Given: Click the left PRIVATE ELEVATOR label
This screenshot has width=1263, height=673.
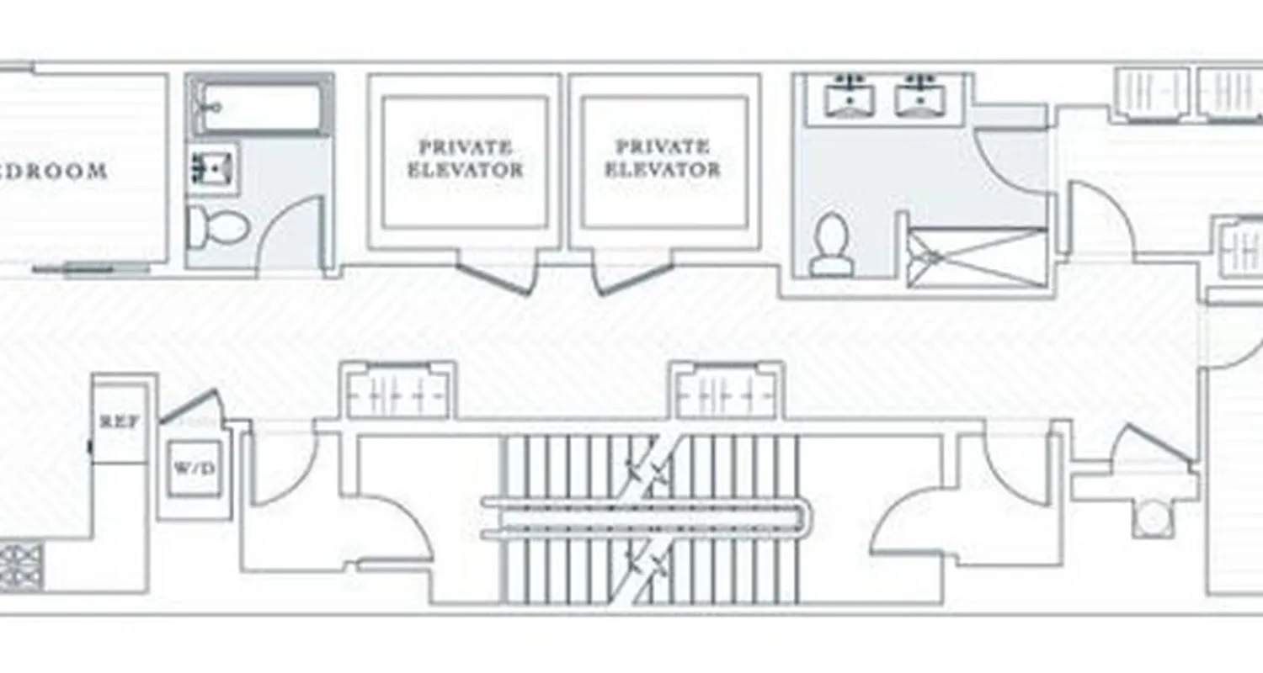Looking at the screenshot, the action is pos(465,158).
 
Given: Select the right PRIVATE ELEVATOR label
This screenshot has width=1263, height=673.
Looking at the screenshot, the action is pos(663,158).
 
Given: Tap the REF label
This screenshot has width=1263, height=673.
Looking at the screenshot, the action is pos(119,421).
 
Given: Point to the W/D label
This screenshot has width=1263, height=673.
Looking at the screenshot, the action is pos(194,467).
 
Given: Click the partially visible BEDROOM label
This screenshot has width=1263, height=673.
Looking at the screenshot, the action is pos(54,172).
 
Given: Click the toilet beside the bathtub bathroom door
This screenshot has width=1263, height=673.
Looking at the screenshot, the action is pos(218,226).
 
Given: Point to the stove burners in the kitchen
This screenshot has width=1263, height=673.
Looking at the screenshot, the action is pos(22,567).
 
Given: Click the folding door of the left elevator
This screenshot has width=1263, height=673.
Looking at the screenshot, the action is pos(494,278).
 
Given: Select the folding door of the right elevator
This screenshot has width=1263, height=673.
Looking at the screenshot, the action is pos(633,278).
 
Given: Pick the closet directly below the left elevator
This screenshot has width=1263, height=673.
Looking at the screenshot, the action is pos(397,393).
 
